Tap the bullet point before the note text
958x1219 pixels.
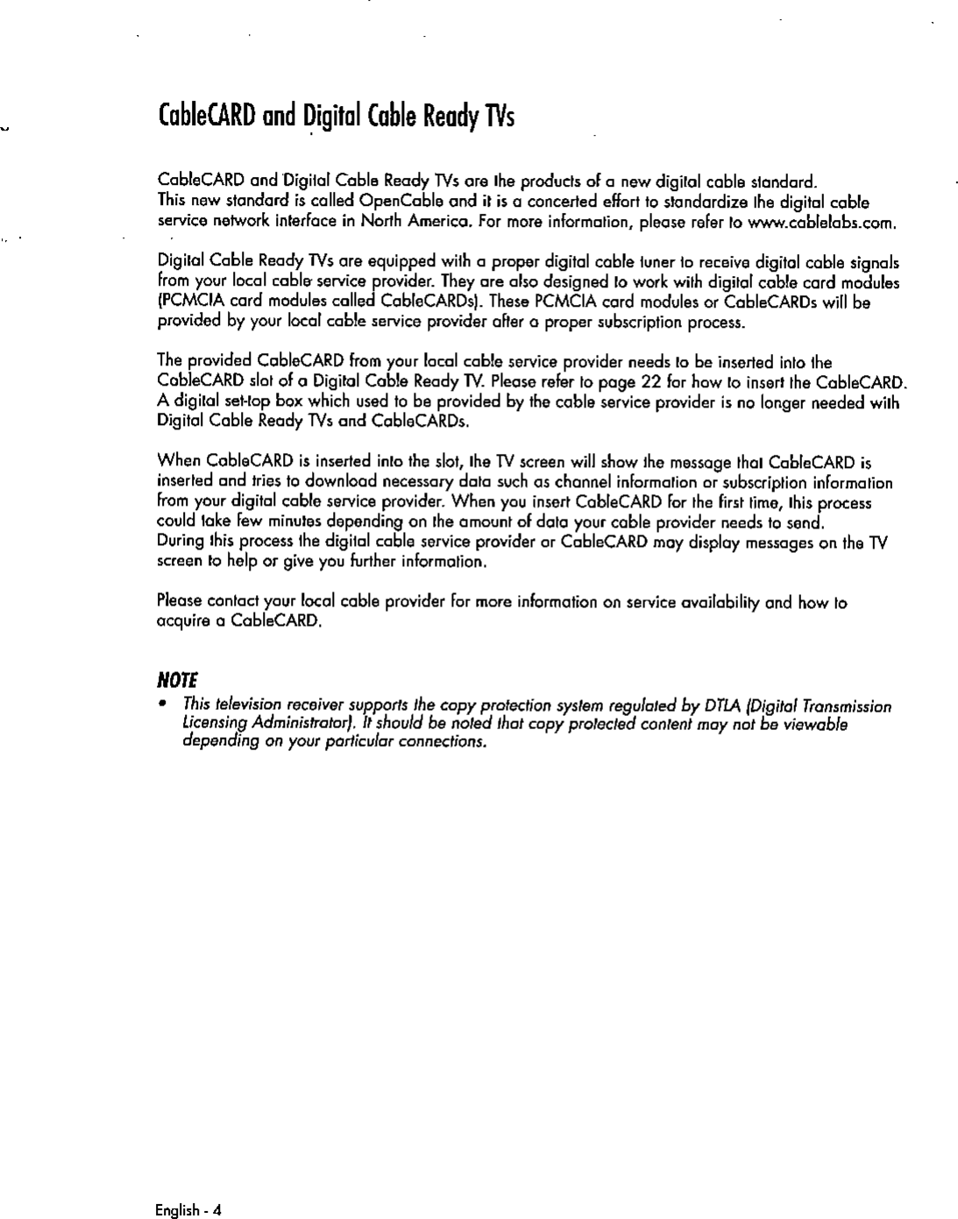[162, 706]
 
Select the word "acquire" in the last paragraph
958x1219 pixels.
[180, 623]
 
